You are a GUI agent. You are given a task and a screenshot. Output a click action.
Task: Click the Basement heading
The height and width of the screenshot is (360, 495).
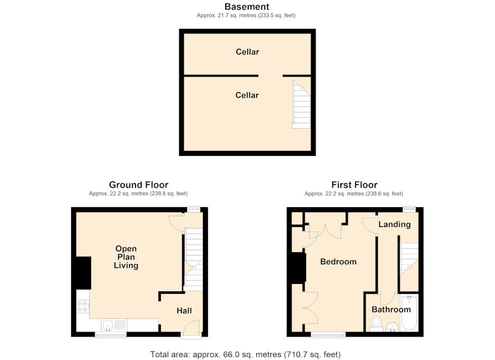tap(247, 7)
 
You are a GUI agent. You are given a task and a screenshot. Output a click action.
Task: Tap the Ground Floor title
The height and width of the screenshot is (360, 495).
tap(139, 184)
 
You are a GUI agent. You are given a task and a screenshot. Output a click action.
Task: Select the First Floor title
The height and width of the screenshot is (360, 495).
tap(354, 184)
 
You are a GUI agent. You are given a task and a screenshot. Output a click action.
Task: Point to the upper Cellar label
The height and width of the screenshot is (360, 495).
tap(247, 52)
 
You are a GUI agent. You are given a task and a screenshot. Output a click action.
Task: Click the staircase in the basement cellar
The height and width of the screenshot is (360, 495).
tap(301, 104)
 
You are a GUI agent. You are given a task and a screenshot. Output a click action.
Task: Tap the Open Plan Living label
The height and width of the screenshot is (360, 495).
tap(126, 257)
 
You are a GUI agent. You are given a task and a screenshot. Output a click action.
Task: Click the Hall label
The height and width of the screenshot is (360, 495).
tap(184, 311)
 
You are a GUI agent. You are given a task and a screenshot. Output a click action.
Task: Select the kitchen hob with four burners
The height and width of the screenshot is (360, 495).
tap(83, 306)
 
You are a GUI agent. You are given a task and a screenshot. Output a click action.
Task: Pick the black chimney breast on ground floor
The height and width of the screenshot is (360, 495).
tap(84, 273)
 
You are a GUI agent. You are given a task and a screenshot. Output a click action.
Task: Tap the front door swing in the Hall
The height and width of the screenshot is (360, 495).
tap(191, 328)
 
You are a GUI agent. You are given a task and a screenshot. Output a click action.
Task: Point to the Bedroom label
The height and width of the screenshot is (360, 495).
tap(338, 262)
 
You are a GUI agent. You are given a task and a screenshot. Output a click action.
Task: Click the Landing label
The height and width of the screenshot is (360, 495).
tap(395, 225)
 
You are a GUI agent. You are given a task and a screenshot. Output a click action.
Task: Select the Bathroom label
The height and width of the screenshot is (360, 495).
tap(391, 309)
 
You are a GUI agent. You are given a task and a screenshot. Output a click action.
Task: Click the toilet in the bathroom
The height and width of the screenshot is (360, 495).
tap(376, 324)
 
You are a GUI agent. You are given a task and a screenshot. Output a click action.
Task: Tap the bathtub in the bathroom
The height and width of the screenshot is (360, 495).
tap(410, 312)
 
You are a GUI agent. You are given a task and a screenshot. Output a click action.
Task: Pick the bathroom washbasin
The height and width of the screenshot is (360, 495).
tap(392, 327)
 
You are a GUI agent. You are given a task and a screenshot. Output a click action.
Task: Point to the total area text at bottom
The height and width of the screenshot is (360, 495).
tap(245, 354)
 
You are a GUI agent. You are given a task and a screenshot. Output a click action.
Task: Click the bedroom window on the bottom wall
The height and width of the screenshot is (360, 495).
tap(329, 335)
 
